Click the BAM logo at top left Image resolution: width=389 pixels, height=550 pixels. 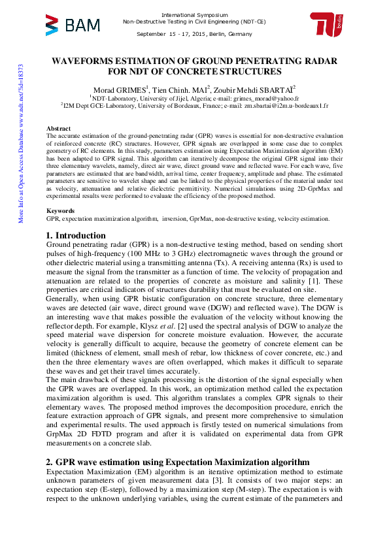click(73, 25)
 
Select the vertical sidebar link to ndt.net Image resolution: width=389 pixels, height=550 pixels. click(21, 144)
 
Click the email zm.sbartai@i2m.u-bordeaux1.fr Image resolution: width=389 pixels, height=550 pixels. click(289, 105)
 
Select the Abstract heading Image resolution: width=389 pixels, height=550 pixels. click(58, 128)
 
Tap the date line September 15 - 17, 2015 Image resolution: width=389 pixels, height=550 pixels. click(194, 33)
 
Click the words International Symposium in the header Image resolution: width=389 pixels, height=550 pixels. click(194, 14)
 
